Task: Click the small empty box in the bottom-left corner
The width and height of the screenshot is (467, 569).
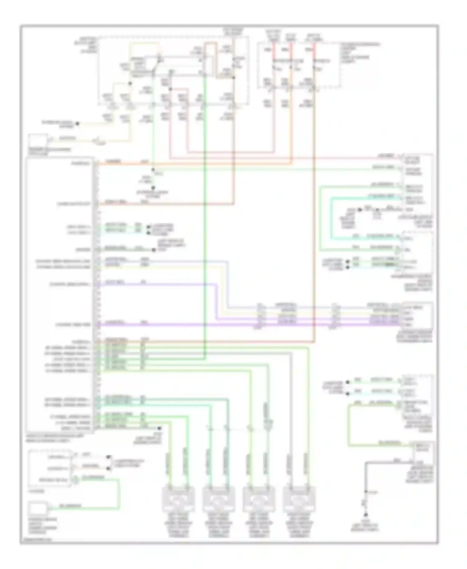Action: click(38, 509)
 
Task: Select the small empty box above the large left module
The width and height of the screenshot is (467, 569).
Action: click(38, 140)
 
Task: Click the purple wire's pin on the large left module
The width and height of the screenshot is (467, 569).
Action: click(97, 325)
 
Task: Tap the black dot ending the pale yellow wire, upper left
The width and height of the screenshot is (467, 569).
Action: click(78, 124)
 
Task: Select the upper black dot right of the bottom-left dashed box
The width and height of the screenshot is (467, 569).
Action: click(108, 457)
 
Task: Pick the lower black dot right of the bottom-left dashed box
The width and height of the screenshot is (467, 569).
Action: click(108, 468)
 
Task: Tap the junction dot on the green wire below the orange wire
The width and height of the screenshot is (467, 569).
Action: click(153, 170)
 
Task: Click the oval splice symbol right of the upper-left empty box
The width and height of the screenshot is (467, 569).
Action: click(100, 142)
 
